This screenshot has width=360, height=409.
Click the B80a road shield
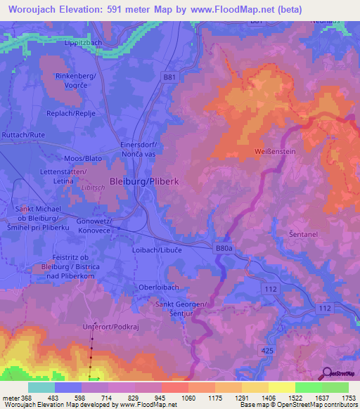[x=223, y=247]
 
